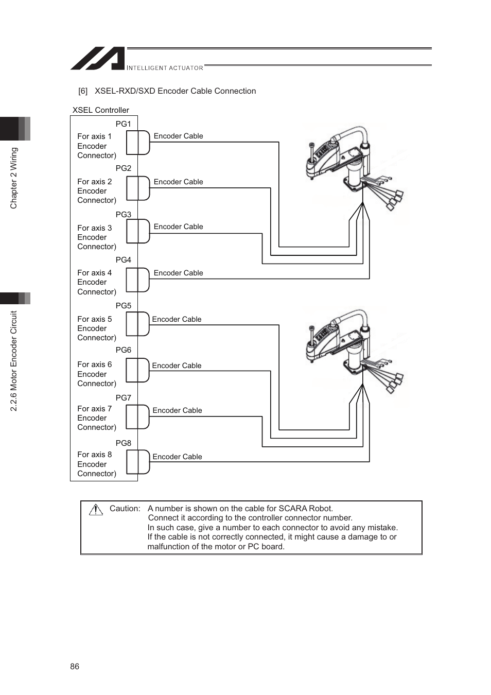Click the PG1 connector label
(x=123, y=124)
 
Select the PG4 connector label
(x=123, y=260)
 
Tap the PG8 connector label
(x=123, y=443)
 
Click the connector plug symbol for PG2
(x=138, y=188)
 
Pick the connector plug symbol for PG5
(x=138, y=324)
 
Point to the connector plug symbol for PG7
(x=138, y=417)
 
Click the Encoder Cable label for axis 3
(x=178, y=227)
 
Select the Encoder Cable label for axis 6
(x=177, y=366)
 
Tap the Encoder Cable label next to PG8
(x=177, y=457)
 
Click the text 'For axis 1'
(x=94, y=136)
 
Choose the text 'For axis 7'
(x=94, y=409)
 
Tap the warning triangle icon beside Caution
(x=96, y=510)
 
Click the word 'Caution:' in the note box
(x=125, y=509)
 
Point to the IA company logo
(x=98, y=58)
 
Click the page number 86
(x=75, y=667)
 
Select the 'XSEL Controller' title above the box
(x=100, y=110)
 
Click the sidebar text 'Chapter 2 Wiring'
(x=14, y=178)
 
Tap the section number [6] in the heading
(x=83, y=91)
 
